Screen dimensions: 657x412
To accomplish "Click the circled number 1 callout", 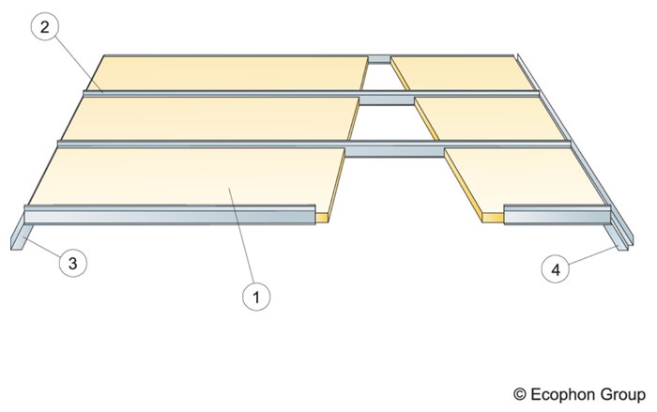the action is coord(256,297).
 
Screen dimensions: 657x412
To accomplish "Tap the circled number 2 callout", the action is coord(44,26).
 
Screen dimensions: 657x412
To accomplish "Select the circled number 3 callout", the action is coord(73,263).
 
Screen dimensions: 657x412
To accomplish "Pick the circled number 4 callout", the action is coord(556,269).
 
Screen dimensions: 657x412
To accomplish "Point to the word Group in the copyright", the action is coord(622,395).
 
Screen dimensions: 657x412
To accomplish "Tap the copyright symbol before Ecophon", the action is coord(520,395).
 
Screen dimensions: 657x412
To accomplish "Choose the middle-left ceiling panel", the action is coord(209,118).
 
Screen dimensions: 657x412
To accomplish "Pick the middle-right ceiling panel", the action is coord(490,118).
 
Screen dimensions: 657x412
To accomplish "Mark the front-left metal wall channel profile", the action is coord(170,215).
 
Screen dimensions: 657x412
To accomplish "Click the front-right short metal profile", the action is coord(557,215).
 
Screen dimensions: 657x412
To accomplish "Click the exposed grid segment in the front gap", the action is coord(394,149).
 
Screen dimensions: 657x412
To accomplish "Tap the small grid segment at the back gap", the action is coord(379,59).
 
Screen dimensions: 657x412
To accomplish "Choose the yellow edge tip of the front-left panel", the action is coord(322,218).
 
